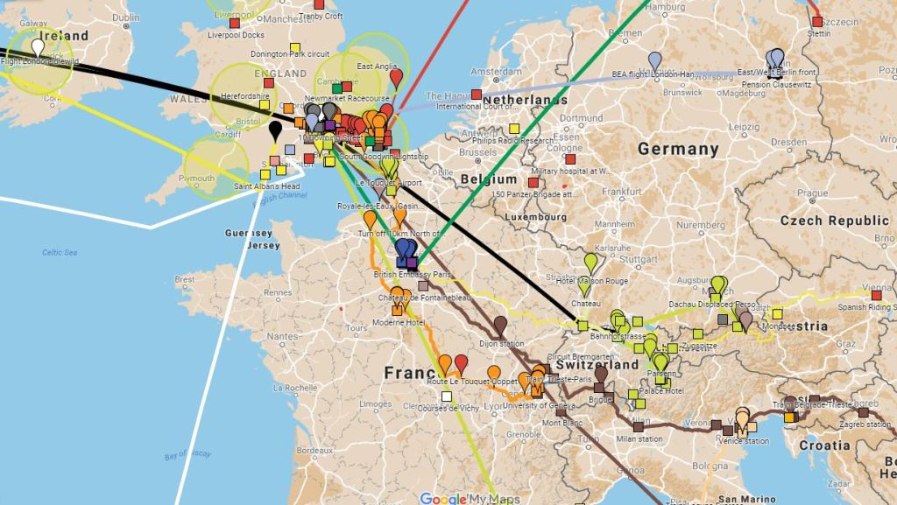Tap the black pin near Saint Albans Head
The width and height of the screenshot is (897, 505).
click(x=275, y=130)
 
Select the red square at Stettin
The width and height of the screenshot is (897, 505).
click(x=816, y=22)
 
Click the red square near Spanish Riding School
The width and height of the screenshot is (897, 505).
click(x=875, y=296)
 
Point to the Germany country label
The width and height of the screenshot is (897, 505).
click(x=678, y=149)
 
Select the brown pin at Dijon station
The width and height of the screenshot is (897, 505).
click(x=500, y=324)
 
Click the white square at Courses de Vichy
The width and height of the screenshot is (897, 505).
click(x=447, y=396)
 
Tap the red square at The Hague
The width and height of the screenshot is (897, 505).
click(x=476, y=94)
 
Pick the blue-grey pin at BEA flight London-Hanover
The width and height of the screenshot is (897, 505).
click(x=654, y=60)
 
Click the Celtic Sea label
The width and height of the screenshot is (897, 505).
click(x=60, y=253)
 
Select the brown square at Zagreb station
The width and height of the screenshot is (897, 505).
click(x=864, y=412)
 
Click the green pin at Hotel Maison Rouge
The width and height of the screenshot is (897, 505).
click(x=591, y=261)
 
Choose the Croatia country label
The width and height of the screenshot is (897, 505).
click(x=823, y=445)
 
